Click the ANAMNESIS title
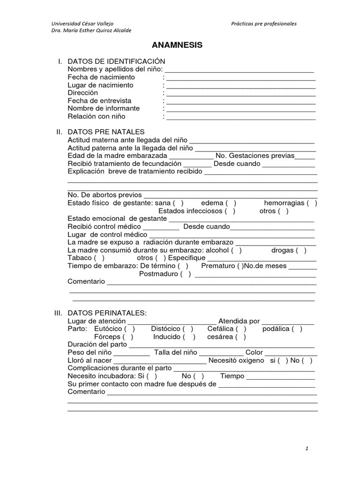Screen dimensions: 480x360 pos(177,45)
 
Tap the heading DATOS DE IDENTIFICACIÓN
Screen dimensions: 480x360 pos(116,61)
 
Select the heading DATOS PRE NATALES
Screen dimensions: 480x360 pos(106,132)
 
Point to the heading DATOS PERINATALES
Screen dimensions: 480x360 pos(107,313)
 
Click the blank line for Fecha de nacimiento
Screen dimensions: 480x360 pos(240,78)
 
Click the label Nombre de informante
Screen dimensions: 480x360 pos(104,108)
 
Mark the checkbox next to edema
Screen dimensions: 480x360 pos(231,203)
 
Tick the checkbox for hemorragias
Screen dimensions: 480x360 pos(312,203)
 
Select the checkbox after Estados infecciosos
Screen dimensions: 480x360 pos(230,211)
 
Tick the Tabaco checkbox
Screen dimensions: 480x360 pos(99,258)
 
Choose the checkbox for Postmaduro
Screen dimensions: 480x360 pos(186,274)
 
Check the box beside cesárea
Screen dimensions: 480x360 pos(240,337)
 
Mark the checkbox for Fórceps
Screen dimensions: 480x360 pos(128,337)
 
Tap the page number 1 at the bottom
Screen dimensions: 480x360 pos(307,449)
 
